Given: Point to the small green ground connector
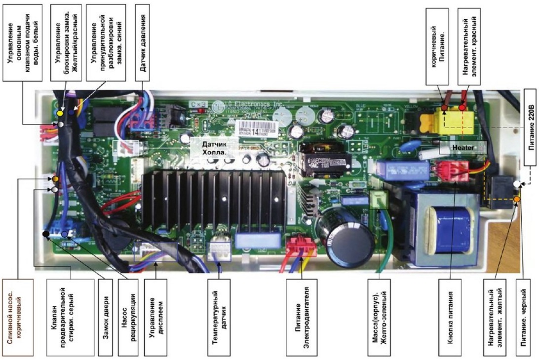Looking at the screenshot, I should pos(378,200).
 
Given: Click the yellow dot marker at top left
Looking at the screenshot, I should pos(60,113).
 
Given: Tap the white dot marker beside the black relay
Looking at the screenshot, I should pos(516,184).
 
